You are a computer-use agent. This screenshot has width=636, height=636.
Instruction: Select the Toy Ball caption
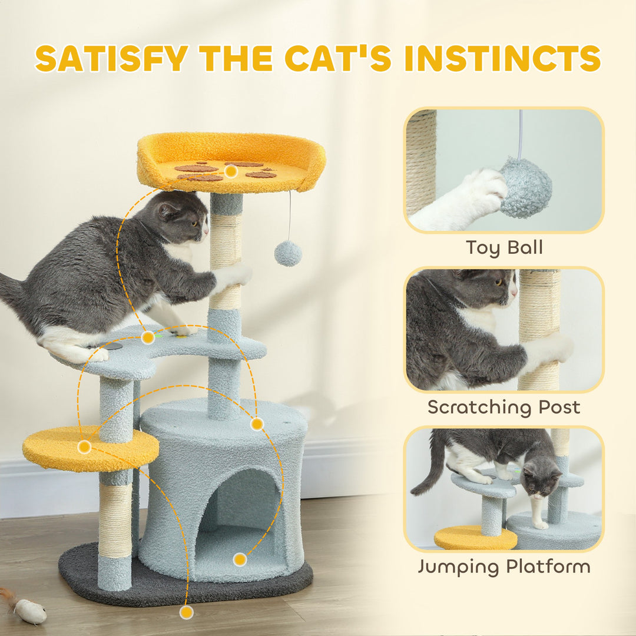(x=504, y=247)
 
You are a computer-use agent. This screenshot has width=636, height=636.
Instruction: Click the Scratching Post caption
(x=504, y=407)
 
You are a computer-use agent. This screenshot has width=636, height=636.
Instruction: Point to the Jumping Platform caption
(x=504, y=567)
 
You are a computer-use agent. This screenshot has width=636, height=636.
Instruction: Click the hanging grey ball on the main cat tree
(x=288, y=253)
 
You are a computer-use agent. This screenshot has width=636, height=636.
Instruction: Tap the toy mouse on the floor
(x=29, y=610)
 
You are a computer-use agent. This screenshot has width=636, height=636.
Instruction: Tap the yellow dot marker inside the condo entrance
(x=239, y=559)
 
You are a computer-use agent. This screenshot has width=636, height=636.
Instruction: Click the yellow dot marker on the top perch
(x=231, y=171)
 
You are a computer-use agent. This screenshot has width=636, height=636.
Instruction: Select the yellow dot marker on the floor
(x=187, y=612)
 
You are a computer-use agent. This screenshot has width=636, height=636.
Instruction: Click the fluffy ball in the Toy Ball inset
(x=526, y=187)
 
